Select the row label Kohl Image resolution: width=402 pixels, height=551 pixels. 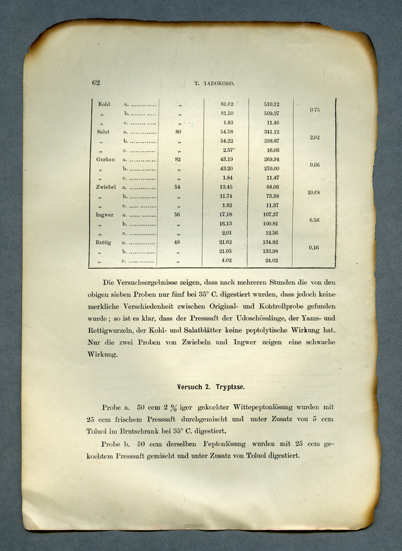[x=104, y=104]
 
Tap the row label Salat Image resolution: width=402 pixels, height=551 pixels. [x=103, y=132]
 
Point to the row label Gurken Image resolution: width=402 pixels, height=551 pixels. [x=105, y=159]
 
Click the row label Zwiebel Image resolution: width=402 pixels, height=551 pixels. [x=107, y=187]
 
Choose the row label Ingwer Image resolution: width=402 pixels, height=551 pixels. [x=105, y=215]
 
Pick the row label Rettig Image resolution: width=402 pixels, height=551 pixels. [x=104, y=242]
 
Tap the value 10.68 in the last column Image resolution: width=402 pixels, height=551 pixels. [x=314, y=192]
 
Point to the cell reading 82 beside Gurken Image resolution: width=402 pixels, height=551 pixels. [x=178, y=159]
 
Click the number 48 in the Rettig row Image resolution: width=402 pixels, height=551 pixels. [x=178, y=242]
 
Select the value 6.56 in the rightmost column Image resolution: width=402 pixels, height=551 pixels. [x=314, y=220]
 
